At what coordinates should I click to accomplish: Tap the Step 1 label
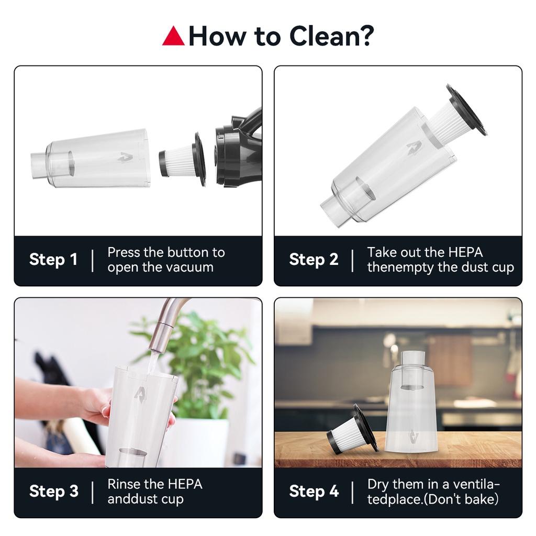[53, 260]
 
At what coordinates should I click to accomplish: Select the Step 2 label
[314, 260]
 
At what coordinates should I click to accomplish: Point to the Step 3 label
[54, 492]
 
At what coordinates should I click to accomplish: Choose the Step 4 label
[314, 492]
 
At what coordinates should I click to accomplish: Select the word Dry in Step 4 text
[378, 484]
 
